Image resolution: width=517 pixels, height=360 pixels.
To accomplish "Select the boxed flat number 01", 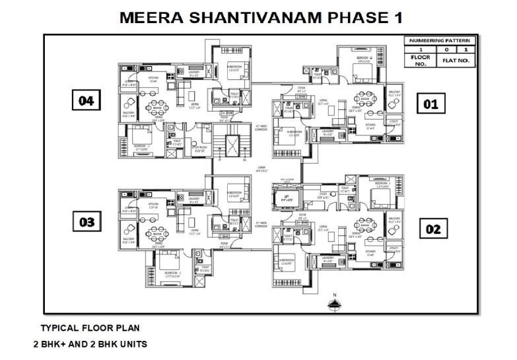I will click(x=431, y=104).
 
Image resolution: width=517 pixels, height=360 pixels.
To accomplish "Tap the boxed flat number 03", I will click(x=86, y=222).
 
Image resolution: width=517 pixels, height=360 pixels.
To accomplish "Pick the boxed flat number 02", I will click(x=432, y=229).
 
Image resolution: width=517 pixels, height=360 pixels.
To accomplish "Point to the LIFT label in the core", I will click(x=286, y=197).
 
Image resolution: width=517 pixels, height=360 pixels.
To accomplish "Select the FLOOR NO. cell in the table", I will click(x=421, y=60).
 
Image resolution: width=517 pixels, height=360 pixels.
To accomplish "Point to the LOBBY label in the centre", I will click(x=261, y=168).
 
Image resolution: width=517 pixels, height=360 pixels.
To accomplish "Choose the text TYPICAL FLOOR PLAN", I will click(x=90, y=328).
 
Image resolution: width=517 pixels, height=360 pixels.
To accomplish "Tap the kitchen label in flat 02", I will click(x=370, y=252).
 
